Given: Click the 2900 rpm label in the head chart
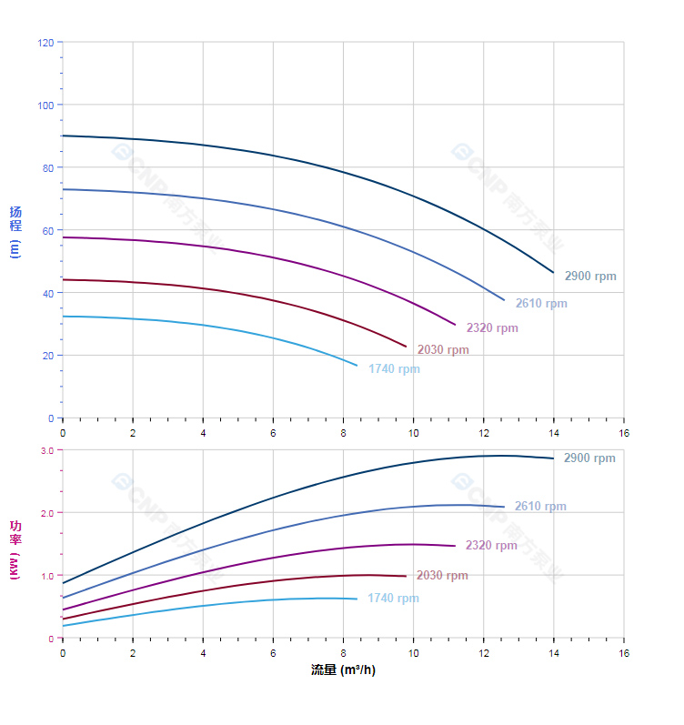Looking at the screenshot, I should pyautogui.click(x=589, y=277).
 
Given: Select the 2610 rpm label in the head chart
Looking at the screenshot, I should pyautogui.click(x=541, y=304).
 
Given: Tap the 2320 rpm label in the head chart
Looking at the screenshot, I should pyautogui.click(x=492, y=328).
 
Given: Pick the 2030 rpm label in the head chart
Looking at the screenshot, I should pyautogui.click(x=443, y=350).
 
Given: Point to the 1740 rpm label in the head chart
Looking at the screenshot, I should pyautogui.click(x=394, y=369).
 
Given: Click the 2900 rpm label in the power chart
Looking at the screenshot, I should pyautogui.click(x=589, y=458).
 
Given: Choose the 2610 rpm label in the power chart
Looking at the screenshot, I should pyautogui.click(x=540, y=507).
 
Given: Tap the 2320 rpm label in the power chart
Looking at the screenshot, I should pyautogui.click(x=491, y=546).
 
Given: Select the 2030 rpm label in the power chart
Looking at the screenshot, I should pyautogui.click(x=442, y=576).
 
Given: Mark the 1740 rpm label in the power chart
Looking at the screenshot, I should pyautogui.click(x=393, y=599).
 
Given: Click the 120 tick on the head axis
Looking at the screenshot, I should pyautogui.click(x=45, y=43).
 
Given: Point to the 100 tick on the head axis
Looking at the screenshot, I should pyautogui.click(x=45, y=106).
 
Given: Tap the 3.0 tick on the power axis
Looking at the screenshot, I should pyautogui.click(x=47, y=450).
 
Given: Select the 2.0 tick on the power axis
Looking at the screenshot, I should pyautogui.click(x=47, y=513).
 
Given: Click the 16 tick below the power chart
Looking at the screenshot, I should pyautogui.click(x=624, y=653).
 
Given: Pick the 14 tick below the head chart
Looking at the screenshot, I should pyautogui.click(x=553, y=433).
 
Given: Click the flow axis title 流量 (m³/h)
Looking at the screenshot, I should pyautogui.click(x=343, y=670).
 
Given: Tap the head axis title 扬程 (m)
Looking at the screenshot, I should pyautogui.click(x=15, y=232).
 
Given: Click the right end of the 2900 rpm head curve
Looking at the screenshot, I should pyautogui.click(x=553, y=272).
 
